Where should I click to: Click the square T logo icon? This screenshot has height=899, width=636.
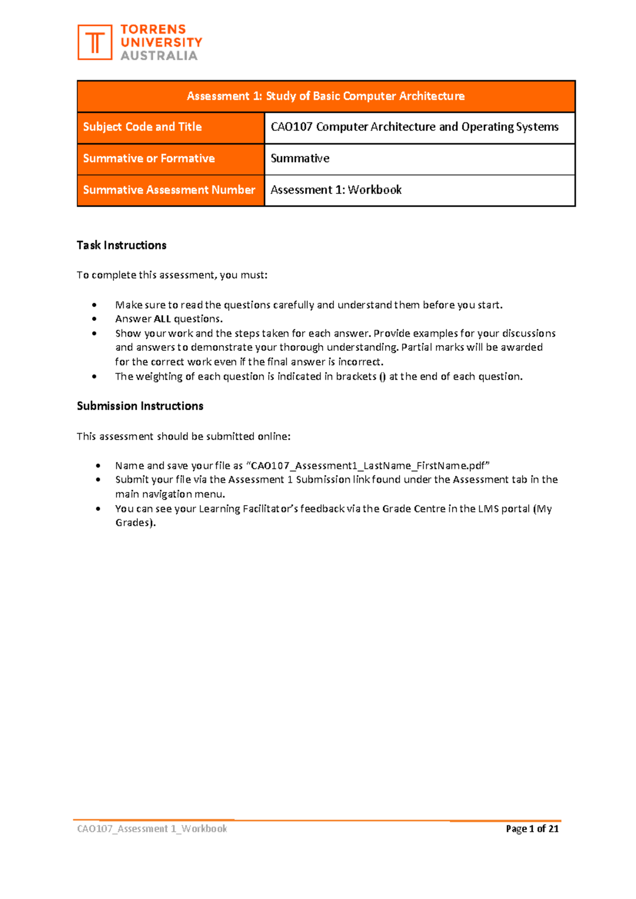point(95,42)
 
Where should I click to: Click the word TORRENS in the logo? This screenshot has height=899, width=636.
point(153,30)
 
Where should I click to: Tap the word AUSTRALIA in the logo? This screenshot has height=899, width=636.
point(159,56)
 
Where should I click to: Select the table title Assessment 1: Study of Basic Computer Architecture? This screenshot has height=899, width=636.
point(325,96)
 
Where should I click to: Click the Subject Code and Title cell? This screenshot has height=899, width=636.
point(143,127)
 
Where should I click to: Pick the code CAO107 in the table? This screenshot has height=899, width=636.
point(291,127)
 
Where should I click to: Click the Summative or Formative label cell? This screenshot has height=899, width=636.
point(149,158)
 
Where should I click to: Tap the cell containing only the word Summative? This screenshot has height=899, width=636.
point(300,158)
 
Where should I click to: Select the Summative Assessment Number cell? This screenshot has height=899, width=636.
point(169,190)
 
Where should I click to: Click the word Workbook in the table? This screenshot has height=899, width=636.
point(375,190)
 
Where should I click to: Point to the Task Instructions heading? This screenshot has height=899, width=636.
point(121,245)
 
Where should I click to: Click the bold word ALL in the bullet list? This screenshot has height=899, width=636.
point(162,319)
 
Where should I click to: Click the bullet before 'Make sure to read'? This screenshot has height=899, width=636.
point(94,305)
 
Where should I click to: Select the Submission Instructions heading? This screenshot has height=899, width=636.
point(140,406)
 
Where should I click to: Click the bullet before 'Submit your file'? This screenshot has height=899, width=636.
point(98,480)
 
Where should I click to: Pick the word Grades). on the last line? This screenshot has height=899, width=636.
point(136,523)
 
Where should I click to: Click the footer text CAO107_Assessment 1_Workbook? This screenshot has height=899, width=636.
point(152,829)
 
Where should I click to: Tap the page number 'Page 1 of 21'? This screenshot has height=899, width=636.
point(532,829)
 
